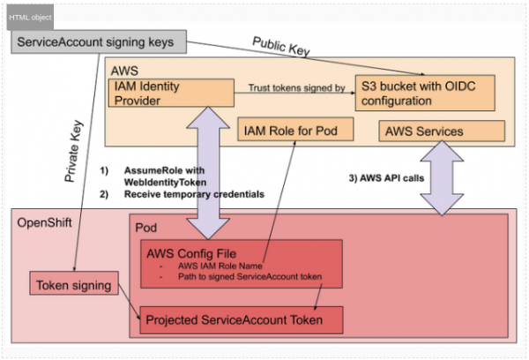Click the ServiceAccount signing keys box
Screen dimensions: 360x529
tap(97, 42)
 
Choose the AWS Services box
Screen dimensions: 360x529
tap(442, 131)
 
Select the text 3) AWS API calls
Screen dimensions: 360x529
tap(389, 177)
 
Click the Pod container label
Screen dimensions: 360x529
tap(145, 227)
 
